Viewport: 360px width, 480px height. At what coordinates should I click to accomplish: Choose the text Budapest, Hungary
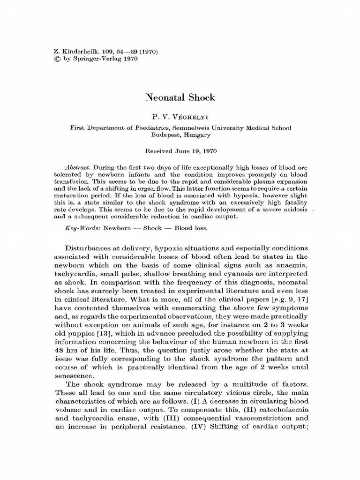coord(180,134)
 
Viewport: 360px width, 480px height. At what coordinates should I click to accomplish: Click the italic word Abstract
coord(77,167)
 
